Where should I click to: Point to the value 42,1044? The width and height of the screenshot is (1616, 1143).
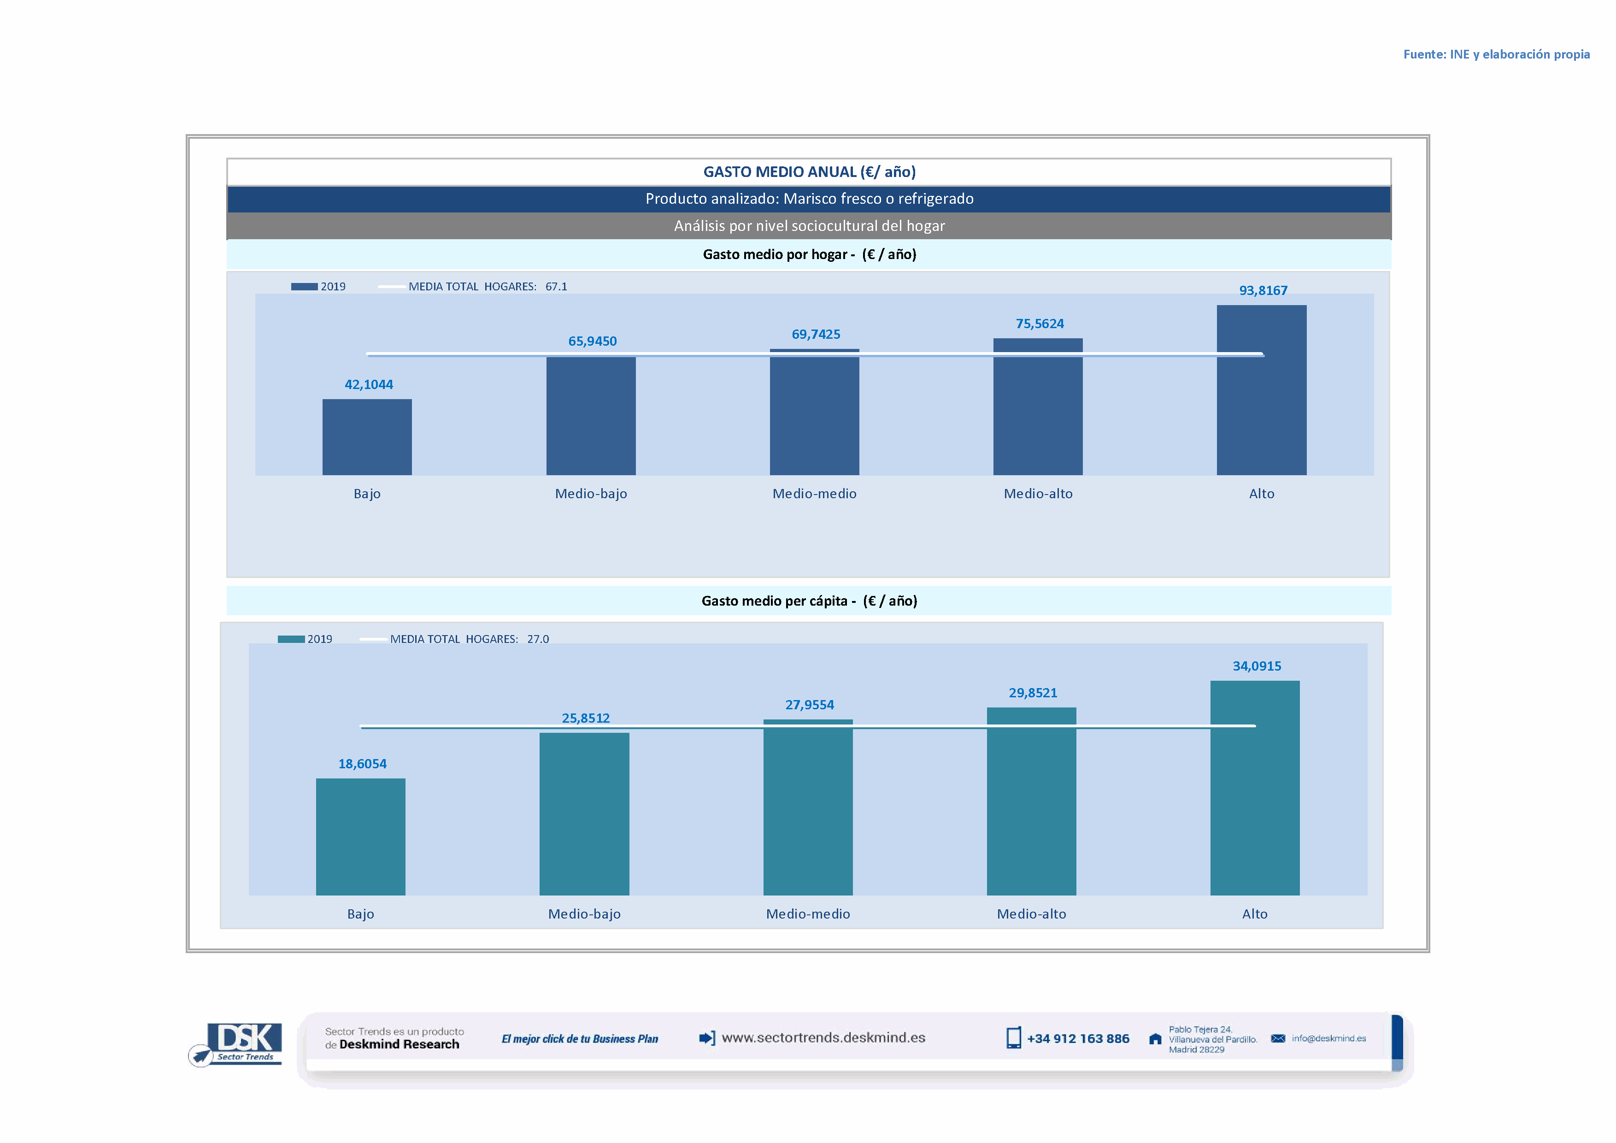pos(368,384)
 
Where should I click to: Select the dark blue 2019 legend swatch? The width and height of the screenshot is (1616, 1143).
pos(304,287)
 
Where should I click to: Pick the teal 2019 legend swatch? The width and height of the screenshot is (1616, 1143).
pos(291,639)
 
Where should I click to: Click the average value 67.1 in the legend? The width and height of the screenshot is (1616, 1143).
pos(556,287)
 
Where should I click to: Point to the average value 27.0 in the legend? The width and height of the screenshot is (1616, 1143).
pos(538,639)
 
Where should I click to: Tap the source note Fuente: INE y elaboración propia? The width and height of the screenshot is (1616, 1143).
pos(1496,54)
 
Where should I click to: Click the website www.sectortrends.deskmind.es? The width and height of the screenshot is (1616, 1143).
pos(823,1037)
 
